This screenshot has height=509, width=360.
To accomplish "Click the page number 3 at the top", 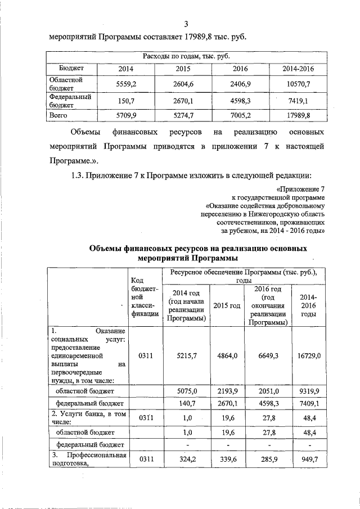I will [186, 24].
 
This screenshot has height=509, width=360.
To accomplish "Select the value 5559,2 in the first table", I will [127, 83].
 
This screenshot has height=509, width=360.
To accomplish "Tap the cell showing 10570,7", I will [299, 83].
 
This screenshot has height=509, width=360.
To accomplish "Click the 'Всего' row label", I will [58, 115].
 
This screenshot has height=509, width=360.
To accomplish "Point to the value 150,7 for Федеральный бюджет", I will [127, 100].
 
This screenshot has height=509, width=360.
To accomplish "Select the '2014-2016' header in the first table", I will [299, 69].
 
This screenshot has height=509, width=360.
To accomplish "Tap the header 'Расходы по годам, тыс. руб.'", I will [186, 57].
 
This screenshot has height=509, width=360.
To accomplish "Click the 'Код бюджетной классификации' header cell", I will [145, 301].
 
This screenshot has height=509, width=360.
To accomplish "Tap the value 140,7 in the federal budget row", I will [186, 403].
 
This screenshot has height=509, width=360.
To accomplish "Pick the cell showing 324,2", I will [186, 459].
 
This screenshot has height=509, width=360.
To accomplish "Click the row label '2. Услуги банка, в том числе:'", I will [87, 417].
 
